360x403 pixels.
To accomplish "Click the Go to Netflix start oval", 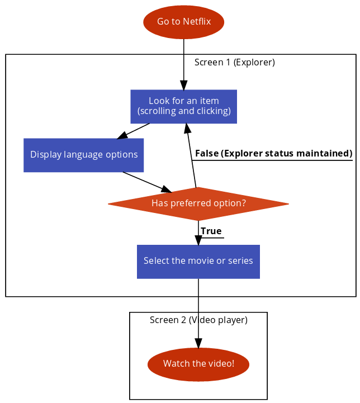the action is pyautogui.click(x=184, y=22).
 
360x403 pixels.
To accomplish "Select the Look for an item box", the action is pyautogui.click(x=184, y=106).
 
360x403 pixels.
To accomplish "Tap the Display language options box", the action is pyautogui.click(x=83, y=155).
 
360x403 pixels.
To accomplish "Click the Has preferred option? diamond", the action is pyautogui.click(x=198, y=204).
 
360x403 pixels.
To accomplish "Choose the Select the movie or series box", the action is pyautogui.click(x=198, y=262).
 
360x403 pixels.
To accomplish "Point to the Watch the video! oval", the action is pyautogui.click(x=198, y=364).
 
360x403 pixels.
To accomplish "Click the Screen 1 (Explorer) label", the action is pyautogui.click(x=235, y=63).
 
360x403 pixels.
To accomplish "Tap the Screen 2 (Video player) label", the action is pyautogui.click(x=198, y=320).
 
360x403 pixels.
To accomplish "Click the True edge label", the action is pyautogui.click(x=211, y=231).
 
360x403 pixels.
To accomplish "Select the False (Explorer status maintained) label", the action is pyautogui.click(x=274, y=154).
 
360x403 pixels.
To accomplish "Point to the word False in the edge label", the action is pyautogui.click(x=207, y=153).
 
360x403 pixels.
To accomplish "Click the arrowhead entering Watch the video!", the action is pyautogui.click(x=198, y=343).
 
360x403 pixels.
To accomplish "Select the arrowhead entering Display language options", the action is pyautogui.click(x=122, y=135).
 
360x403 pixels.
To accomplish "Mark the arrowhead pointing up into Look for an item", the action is pyautogui.click(x=188, y=128).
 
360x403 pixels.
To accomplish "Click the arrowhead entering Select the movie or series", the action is pyautogui.click(x=198, y=240).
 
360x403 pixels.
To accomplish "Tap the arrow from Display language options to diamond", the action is pyautogui.click(x=147, y=182).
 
